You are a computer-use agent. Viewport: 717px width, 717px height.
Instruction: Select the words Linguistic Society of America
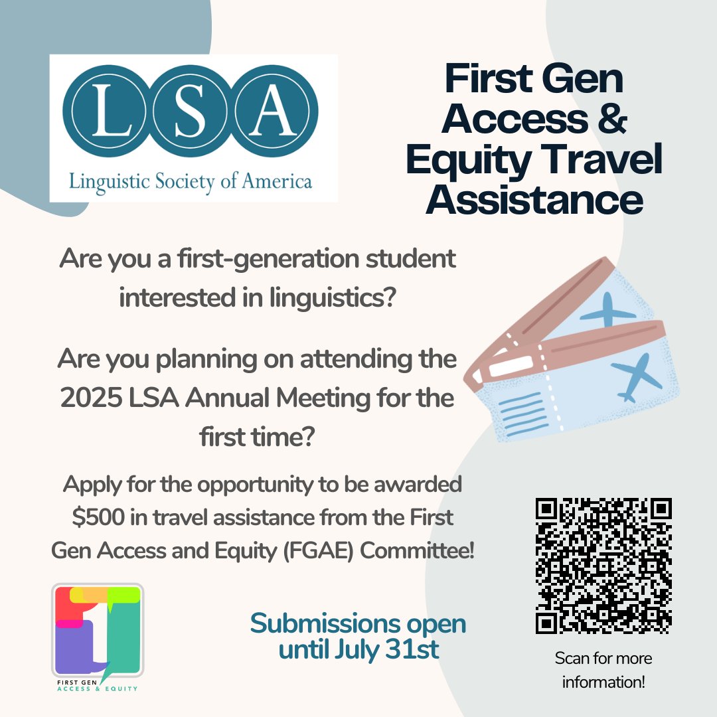tap(191, 180)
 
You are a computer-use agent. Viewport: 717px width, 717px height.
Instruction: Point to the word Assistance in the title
tap(534, 200)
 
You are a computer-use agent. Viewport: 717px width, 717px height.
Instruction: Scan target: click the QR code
tap(603, 565)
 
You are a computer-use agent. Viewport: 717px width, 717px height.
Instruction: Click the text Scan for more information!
tap(603, 670)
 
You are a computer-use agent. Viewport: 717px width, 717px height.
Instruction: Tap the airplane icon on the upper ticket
tap(607, 309)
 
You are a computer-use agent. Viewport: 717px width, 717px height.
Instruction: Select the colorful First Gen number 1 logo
tap(98, 629)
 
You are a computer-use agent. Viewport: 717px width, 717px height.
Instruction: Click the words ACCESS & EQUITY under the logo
tap(98, 688)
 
